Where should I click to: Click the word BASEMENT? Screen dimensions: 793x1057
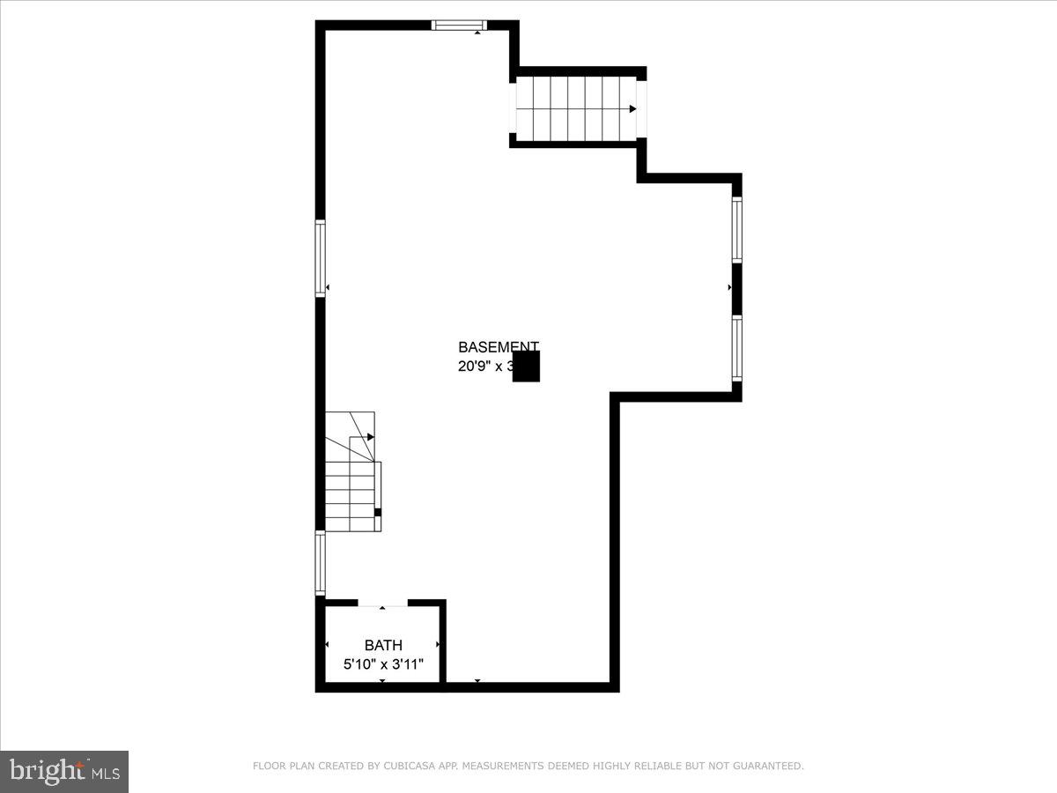(498, 347)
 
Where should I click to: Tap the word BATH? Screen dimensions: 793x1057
(383, 646)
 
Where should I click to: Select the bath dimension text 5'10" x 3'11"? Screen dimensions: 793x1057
(383, 663)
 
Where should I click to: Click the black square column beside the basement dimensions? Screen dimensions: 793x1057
(526, 367)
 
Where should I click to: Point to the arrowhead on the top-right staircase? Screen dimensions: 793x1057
(632, 108)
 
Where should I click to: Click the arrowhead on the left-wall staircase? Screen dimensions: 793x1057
(371, 437)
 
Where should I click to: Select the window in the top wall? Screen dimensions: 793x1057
(459, 26)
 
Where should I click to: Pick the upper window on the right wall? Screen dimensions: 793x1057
(736, 230)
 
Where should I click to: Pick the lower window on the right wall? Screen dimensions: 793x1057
(736, 348)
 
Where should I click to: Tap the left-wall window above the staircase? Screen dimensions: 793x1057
(321, 258)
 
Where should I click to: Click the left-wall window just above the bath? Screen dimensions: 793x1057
(321, 563)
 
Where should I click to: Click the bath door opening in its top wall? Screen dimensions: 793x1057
(383, 604)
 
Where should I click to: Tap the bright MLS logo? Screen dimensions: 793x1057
(64, 771)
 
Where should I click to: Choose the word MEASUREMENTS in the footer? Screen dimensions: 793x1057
(504, 767)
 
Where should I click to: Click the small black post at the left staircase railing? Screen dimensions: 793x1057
(378, 512)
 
